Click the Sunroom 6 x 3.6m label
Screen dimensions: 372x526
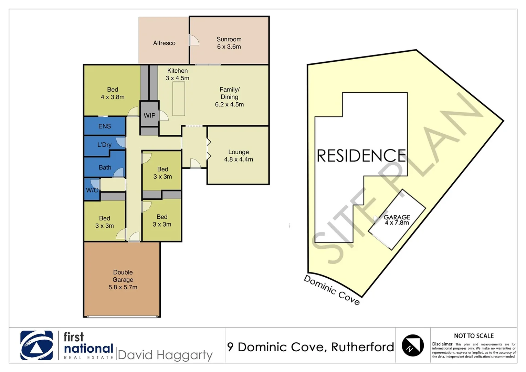[x=229, y=43]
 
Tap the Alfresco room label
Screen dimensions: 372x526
[x=164, y=43]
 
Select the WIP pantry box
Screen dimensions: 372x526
[x=149, y=115]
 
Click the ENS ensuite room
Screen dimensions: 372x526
[x=105, y=126]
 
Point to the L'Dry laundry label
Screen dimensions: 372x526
[x=104, y=145]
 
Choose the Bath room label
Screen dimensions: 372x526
[x=105, y=167]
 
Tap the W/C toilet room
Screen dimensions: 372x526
[x=92, y=190]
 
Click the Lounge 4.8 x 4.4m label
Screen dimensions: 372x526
[x=238, y=156]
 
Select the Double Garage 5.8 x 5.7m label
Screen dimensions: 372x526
[x=123, y=280]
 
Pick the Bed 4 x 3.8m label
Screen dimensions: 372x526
[x=113, y=93]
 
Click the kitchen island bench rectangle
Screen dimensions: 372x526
[x=178, y=99]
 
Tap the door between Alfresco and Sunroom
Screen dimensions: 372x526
[x=193, y=40]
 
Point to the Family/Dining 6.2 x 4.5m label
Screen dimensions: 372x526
[x=229, y=97]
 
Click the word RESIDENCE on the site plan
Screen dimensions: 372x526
[x=361, y=156]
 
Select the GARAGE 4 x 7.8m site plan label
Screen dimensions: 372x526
[x=397, y=220]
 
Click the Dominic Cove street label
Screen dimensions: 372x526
[x=332, y=290]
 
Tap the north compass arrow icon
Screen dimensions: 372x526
[x=413, y=345]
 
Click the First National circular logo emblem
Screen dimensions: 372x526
[x=36, y=345]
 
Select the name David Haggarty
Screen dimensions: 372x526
[x=165, y=355]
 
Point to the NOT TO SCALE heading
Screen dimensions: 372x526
[x=474, y=336]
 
